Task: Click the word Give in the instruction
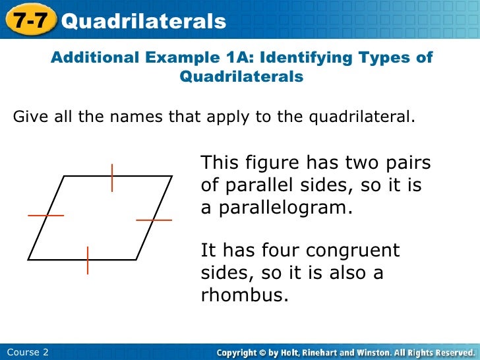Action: [28, 118]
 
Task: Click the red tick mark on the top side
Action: [112, 177]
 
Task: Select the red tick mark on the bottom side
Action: [88, 260]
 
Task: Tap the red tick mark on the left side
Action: [45, 216]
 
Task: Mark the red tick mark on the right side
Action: [154, 219]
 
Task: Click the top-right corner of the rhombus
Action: [171, 176]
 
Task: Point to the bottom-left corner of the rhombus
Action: [28, 259]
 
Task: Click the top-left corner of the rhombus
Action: [63, 176]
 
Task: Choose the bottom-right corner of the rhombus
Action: [136, 259]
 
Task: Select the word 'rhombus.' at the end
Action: [245, 295]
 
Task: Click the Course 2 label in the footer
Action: [24, 352]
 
